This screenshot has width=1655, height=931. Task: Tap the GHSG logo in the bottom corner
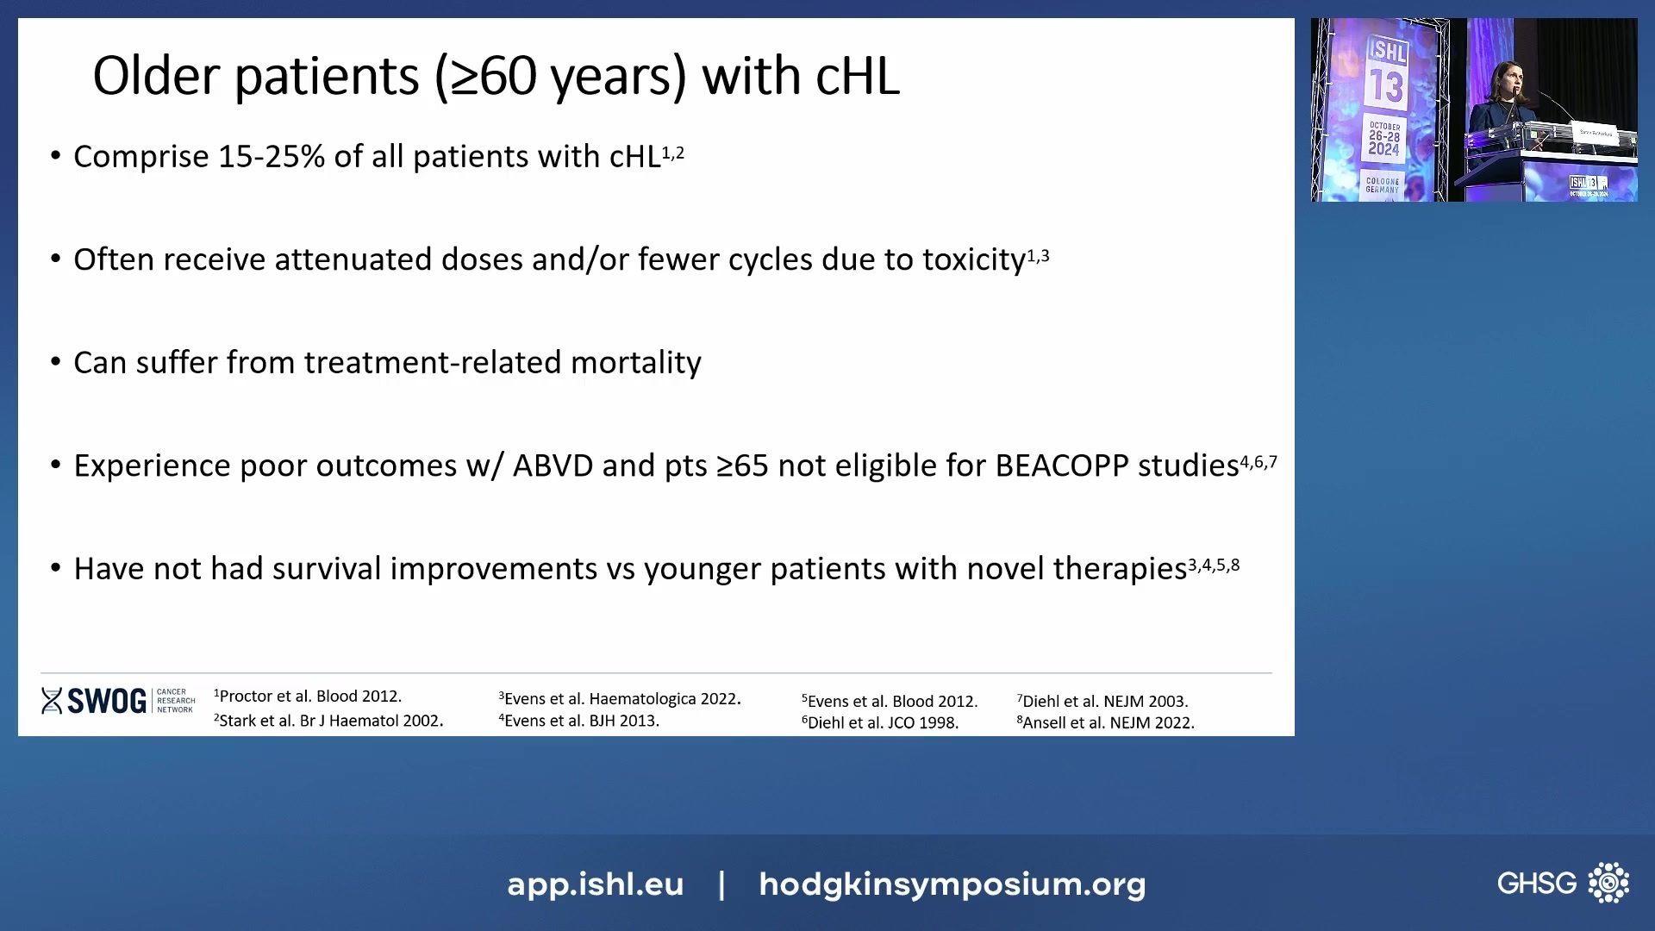[x=1562, y=883]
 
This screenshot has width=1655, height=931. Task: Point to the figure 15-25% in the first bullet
[x=272, y=157]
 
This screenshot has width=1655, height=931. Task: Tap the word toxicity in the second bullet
[x=973, y=260]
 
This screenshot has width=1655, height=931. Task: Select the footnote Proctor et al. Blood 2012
[x=309, y=697]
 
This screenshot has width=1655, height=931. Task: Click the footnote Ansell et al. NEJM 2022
[x=1106, y=723]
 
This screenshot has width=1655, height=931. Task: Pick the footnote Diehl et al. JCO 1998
[x=880, y=723]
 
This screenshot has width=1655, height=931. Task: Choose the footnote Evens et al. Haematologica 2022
[x=620, y=699]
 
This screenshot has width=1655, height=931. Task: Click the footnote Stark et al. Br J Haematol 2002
[x=329, y=721]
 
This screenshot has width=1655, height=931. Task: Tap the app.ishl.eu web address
[x=595, y=884]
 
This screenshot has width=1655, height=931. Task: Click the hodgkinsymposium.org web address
[x=952, y=884]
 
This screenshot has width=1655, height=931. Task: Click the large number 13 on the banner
[x=1387, y=86]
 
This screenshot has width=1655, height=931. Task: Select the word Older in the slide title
[x=156, y=77]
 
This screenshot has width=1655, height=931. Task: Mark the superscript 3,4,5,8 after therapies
[x=1214, y=565]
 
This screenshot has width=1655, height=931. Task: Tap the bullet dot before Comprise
[x=56, y=156]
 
